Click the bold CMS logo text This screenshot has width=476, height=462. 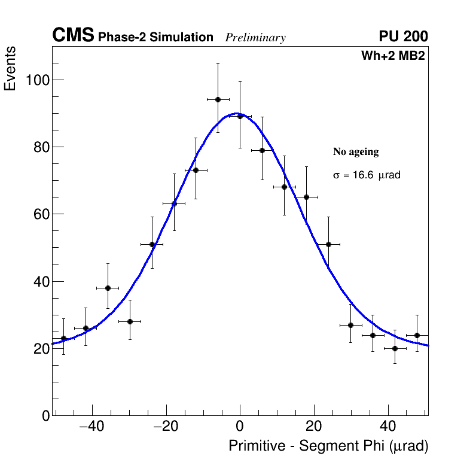tap(73, 36)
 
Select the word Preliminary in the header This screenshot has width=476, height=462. tap(255, 38)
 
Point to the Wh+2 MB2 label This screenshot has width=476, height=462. tap(393, 56)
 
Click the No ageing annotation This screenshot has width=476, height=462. tap(356, 152)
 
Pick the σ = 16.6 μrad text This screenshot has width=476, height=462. tap(366, 175)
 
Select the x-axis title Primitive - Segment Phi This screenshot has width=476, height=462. tap(328, 446)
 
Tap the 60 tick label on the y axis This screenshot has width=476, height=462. tap(39, 214)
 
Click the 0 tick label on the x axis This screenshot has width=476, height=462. tap(240, 427)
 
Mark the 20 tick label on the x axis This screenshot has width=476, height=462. tap(314, 427)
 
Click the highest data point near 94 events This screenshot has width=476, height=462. tap(218, 99)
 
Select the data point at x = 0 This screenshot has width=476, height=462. tap(240, 116)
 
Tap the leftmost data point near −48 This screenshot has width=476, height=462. tap(63, 338)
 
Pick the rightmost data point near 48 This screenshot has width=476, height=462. tap(417, 335)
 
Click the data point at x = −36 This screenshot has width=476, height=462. tap(108, 288)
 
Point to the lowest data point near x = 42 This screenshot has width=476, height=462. tap(395, 348)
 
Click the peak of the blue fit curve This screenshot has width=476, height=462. tap(237, 113)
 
